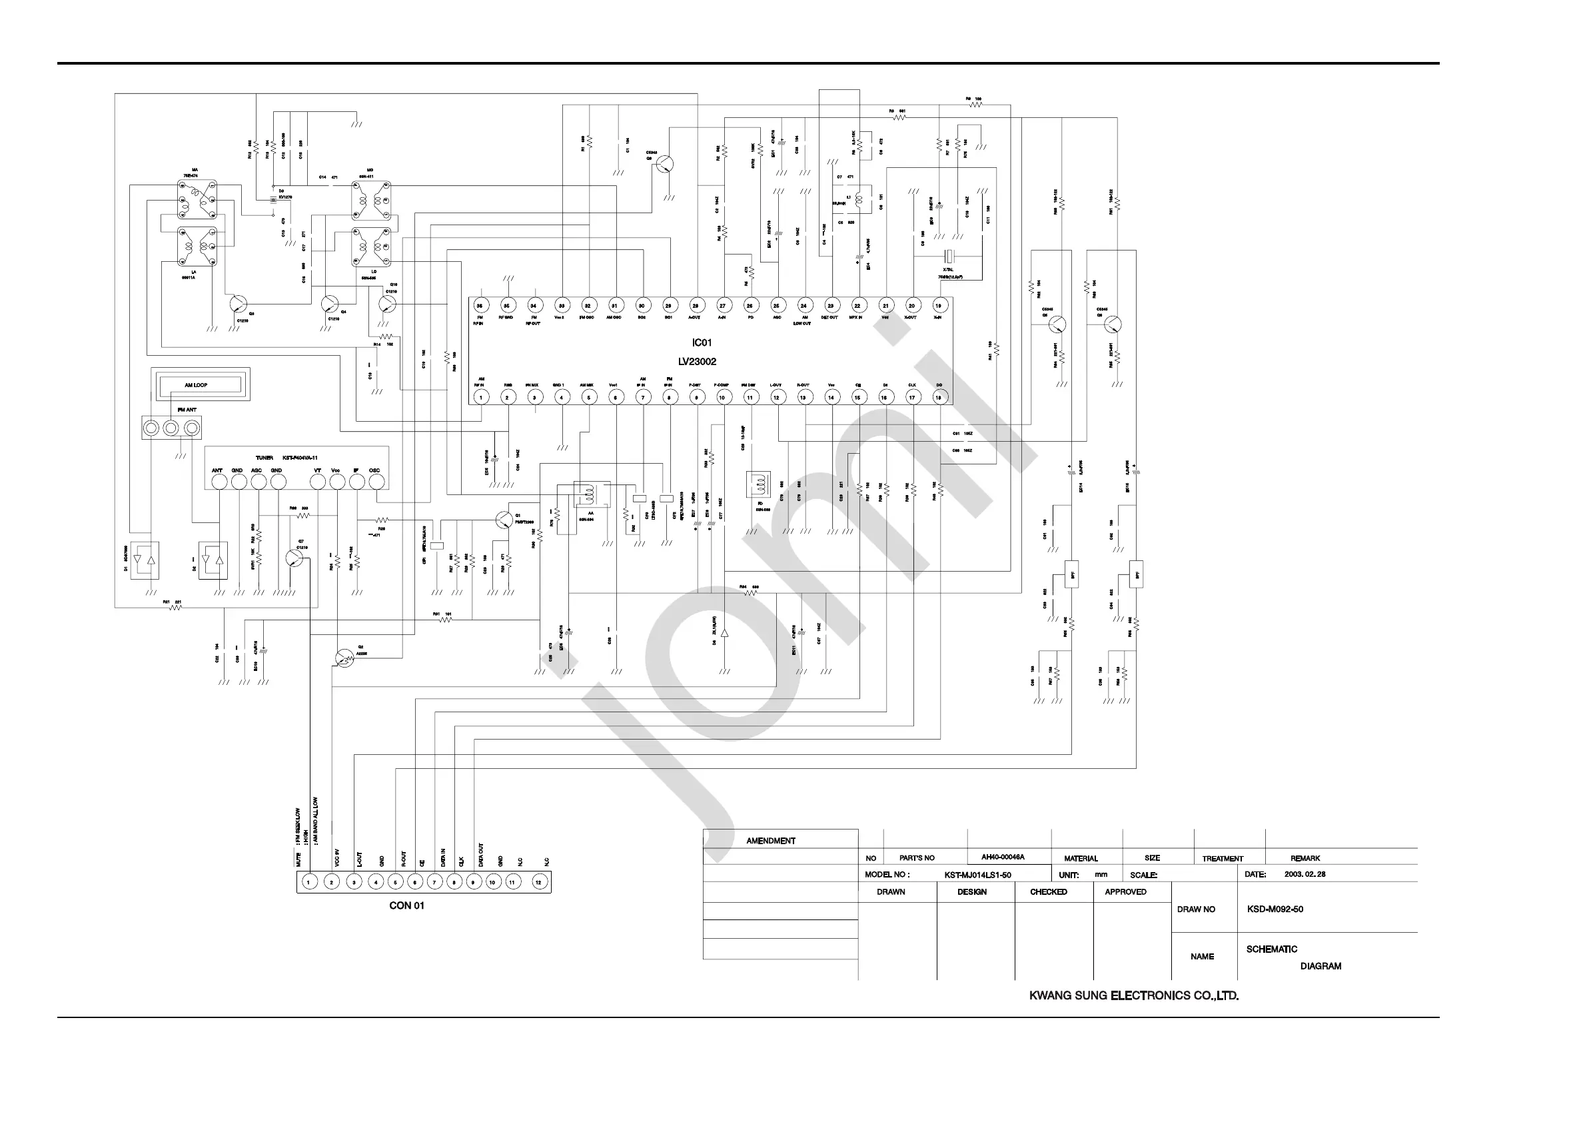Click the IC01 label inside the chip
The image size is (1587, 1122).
point(701,343)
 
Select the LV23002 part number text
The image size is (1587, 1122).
point(697,362)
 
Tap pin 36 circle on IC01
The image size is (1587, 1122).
point(480,306)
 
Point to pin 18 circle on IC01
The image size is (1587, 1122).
point(939,397)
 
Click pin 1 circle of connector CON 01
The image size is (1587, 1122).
point(310,882)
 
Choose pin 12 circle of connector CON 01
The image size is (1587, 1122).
point(539,882)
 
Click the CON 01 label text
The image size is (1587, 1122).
point(406,905)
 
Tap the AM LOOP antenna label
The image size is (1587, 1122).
point(196,385)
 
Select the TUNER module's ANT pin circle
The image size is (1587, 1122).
point(219,482)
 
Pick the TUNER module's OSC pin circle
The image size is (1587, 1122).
point(376,482)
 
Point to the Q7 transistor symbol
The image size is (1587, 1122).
point(296,558)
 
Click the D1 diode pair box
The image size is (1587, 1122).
point(145,560)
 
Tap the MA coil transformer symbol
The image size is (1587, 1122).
point(197,200)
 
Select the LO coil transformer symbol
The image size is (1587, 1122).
point(371,247)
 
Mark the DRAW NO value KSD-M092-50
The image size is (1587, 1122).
point(1275,909)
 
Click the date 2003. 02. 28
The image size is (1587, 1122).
point(1305,875)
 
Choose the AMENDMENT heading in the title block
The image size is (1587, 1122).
point(771,841)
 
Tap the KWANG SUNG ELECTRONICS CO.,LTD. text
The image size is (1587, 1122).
point(1133,996)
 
